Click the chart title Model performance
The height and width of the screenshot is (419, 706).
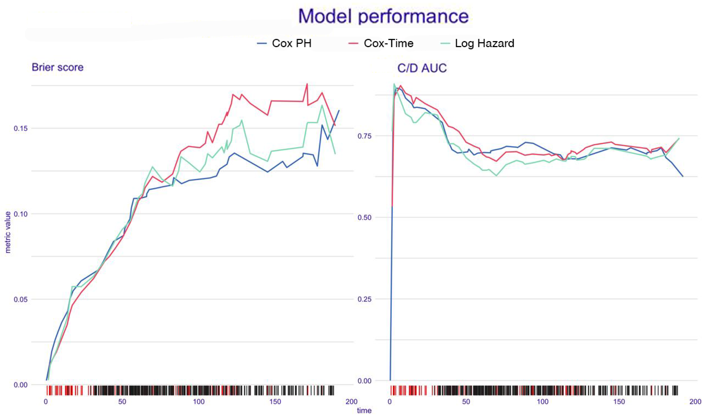[x=384, y=16]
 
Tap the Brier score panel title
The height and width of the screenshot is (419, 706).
[x=58, y=67]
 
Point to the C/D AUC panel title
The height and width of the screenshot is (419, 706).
[x=422, y=68]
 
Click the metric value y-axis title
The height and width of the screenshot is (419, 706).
[x=8, y=232]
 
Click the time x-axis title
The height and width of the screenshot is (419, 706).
[x=364, y=411]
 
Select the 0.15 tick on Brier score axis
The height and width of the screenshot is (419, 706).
[x=21, y=128]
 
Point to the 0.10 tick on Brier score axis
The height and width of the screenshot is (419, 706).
[x=21, y=214]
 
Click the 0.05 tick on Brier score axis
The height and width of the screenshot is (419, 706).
[x=21, y=299]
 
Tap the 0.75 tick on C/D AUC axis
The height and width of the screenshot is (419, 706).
[x=364, y=136]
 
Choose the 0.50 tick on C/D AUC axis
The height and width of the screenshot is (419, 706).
[x=364, y=218]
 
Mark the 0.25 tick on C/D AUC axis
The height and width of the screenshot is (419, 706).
[x=364, y=299]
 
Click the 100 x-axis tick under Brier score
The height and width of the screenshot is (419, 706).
[x=199, y=401]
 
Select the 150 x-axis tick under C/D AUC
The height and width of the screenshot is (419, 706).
[x=619, y=401]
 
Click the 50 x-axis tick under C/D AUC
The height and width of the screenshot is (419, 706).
[x=466, y=401]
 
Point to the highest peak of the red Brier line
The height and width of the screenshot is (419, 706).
[x=307, y=84]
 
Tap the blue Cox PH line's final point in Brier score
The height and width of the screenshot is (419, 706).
[x=339, y=110]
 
